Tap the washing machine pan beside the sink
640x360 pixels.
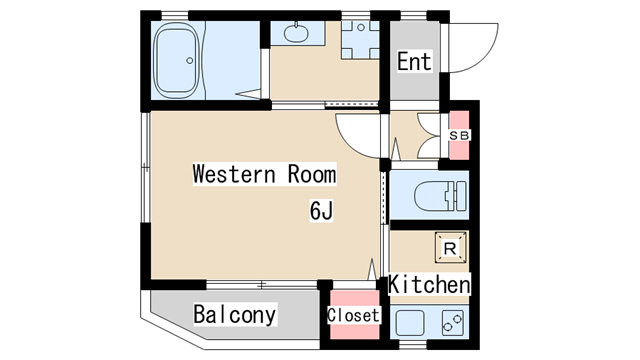358,40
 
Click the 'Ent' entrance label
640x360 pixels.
414,62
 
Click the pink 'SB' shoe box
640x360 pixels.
459,135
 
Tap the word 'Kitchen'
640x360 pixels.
429,284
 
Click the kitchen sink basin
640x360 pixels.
410,322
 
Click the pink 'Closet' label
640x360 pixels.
353,315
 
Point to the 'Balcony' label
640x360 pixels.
235,315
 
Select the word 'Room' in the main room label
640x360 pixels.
312,174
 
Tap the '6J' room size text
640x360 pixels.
320,211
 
